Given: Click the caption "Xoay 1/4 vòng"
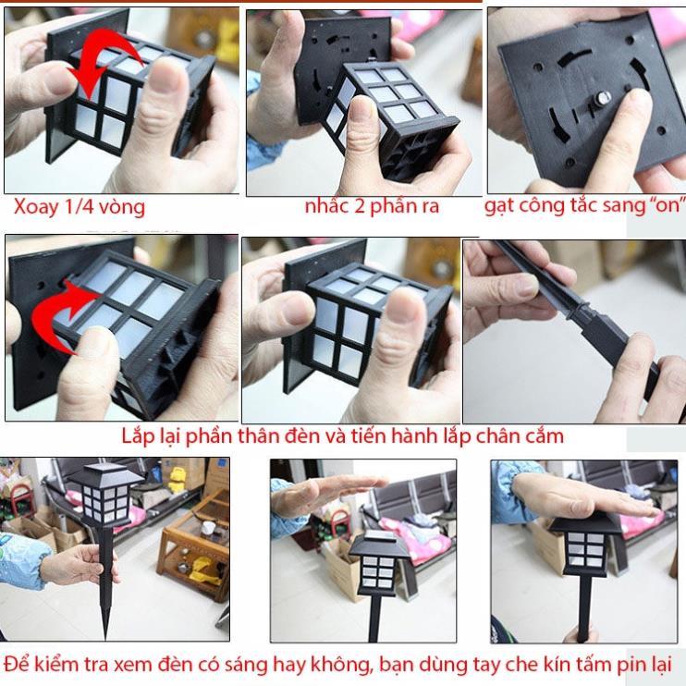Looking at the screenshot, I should tap(79, 207).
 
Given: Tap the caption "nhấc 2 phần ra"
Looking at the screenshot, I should tap(372, 206).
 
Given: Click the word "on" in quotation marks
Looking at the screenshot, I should tap(655, 206).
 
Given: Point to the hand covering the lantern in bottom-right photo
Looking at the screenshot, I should tap(582, 499).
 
